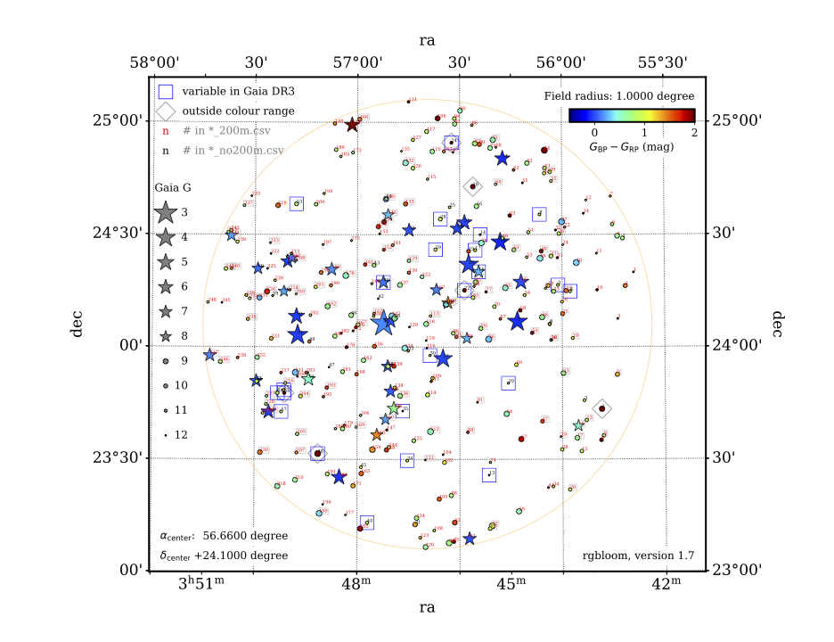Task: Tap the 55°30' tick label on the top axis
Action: coord(665,62)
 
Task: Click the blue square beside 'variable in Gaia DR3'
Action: coord(165,91)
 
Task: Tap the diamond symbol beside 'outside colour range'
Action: coord(165,111)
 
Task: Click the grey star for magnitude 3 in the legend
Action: coord(165,212)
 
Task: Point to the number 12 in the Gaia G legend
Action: coord(182,435)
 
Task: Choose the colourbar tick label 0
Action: coord(594,130)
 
